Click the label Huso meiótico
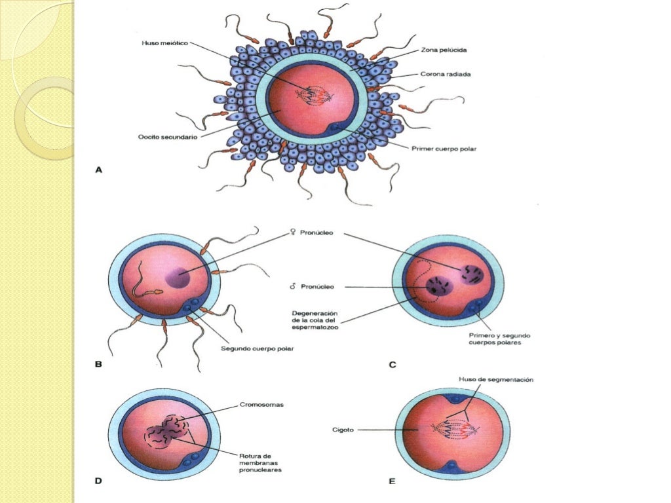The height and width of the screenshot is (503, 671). coord(164,43)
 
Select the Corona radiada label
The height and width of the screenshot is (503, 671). coord(446,74)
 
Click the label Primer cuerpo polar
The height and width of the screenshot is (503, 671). coord(444,149)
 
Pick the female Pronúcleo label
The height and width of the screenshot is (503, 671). coord(312,233)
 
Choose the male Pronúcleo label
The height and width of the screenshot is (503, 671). coord(312,287)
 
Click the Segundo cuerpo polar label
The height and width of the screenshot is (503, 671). coord(258,348)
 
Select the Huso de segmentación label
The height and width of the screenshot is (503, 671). coord(496,379)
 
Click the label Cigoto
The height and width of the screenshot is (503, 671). coord(343,430)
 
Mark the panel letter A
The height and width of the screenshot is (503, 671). coord(99,170)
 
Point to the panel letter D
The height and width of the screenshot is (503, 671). coord(98,481)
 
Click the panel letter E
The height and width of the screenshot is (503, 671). coord(392,481)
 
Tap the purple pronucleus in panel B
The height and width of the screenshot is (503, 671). coord(178,279)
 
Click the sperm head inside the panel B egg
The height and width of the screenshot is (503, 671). coord(157,292)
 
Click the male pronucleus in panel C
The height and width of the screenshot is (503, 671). coord(439,286)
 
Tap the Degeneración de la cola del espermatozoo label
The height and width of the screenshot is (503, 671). coord(315,320)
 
